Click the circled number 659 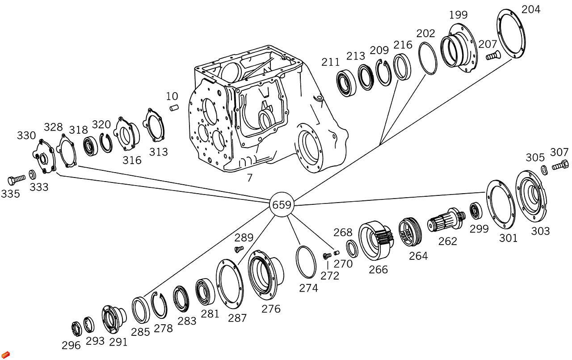tap(282, 205)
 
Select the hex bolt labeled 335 tap(17, 180)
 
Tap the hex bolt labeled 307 tap(560, 165)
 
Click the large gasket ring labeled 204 tap(511, 36)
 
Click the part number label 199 tap(458, 15)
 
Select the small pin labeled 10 tap(173, 108)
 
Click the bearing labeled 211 tap(346, 83)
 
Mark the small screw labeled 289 tap(239, 249)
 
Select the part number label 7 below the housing tap(250, 178)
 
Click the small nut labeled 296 tap(76, 329)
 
